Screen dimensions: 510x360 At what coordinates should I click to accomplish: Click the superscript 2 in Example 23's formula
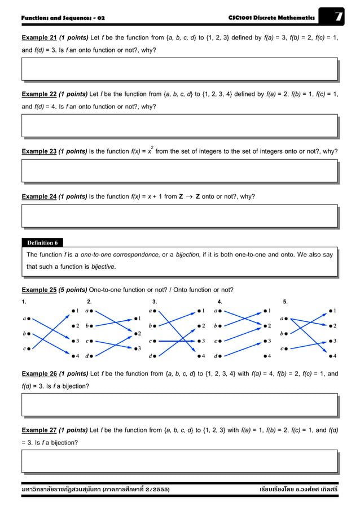[152, 147]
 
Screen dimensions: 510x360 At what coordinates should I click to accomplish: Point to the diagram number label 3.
[155, 302]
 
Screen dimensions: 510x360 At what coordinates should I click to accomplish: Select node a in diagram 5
[283, 319]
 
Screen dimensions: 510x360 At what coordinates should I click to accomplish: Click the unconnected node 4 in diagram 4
[266, 356]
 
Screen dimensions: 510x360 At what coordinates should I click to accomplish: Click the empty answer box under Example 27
[179, 461]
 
